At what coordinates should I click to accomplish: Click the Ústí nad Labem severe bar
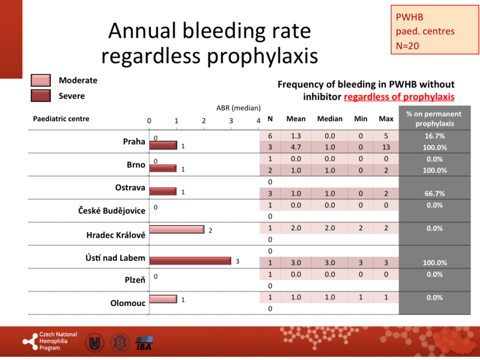pos(190,260)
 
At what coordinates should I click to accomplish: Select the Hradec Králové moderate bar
pos(176,229)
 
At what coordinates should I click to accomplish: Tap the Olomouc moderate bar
pos(163,299)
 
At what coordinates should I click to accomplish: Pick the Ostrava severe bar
pos(163,191)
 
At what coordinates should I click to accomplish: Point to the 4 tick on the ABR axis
pos(259,120)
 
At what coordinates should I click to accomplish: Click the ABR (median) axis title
pos(238,108)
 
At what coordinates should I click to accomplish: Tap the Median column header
pos(329,119)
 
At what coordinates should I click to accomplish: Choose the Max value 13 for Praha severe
pos(386,148)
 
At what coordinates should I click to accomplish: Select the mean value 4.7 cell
pos(296,148)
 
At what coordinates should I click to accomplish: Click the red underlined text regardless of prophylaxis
pos(399,97)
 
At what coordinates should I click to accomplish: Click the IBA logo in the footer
pos(145,342)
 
